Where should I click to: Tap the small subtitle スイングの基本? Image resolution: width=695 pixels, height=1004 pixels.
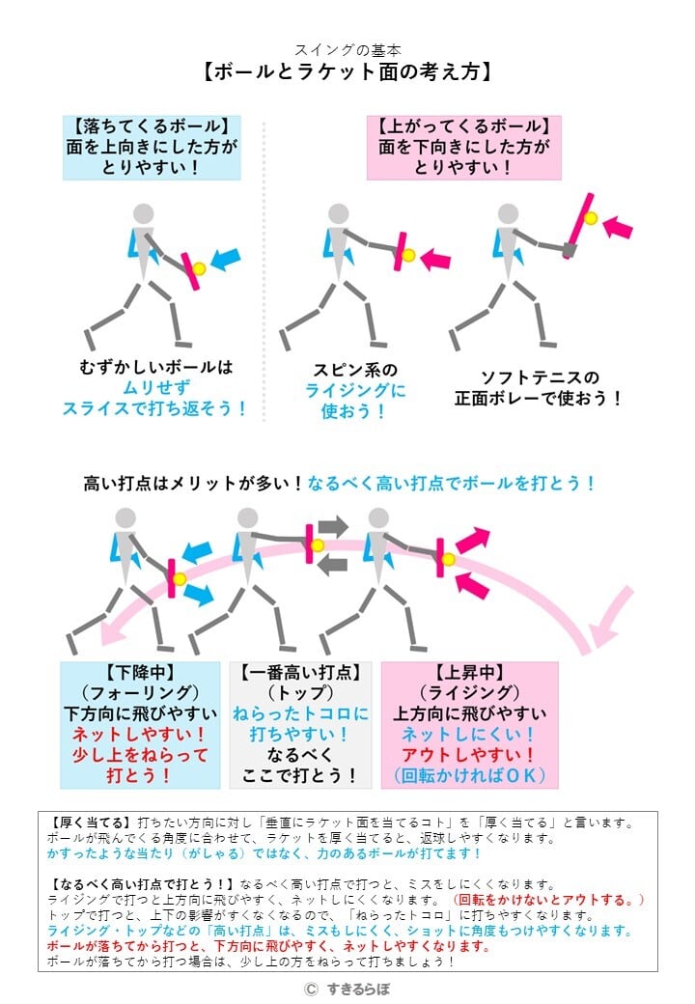pyautogui.click(x=347, y=49)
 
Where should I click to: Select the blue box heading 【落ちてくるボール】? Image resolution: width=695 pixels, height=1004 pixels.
pyautogui.click(x=151, y=125)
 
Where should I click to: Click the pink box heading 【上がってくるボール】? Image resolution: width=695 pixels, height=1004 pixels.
pyautogui.click(x=463, y=125)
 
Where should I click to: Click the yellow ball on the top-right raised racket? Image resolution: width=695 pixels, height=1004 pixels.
pyautogui.click(x=591, y=217)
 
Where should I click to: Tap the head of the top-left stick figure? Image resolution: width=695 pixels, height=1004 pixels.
pyautogui.click(x=143, y=213)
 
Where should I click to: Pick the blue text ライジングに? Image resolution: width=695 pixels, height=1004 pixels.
pyautogui.click(x=354, y=391)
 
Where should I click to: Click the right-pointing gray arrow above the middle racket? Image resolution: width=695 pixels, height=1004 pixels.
pyautogui.click(x=333, y=526)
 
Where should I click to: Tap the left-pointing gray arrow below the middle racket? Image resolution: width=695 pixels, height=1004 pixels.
pyautogui.click(x=332, y=565)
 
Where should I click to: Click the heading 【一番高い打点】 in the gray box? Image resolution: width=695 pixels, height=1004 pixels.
pyautogui.click(x=300, y=672)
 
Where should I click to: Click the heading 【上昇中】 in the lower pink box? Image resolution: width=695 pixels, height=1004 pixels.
pyautogui.click(x=469, y=672)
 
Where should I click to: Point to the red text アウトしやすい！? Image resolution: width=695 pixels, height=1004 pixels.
pyautogui.click(x=469, y=756)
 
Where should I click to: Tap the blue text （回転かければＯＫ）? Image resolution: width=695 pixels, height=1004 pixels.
pyautogui.click(x=469, y=776)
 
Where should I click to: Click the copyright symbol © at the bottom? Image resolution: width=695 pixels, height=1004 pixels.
pyautogui.click(x=310, y=989)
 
